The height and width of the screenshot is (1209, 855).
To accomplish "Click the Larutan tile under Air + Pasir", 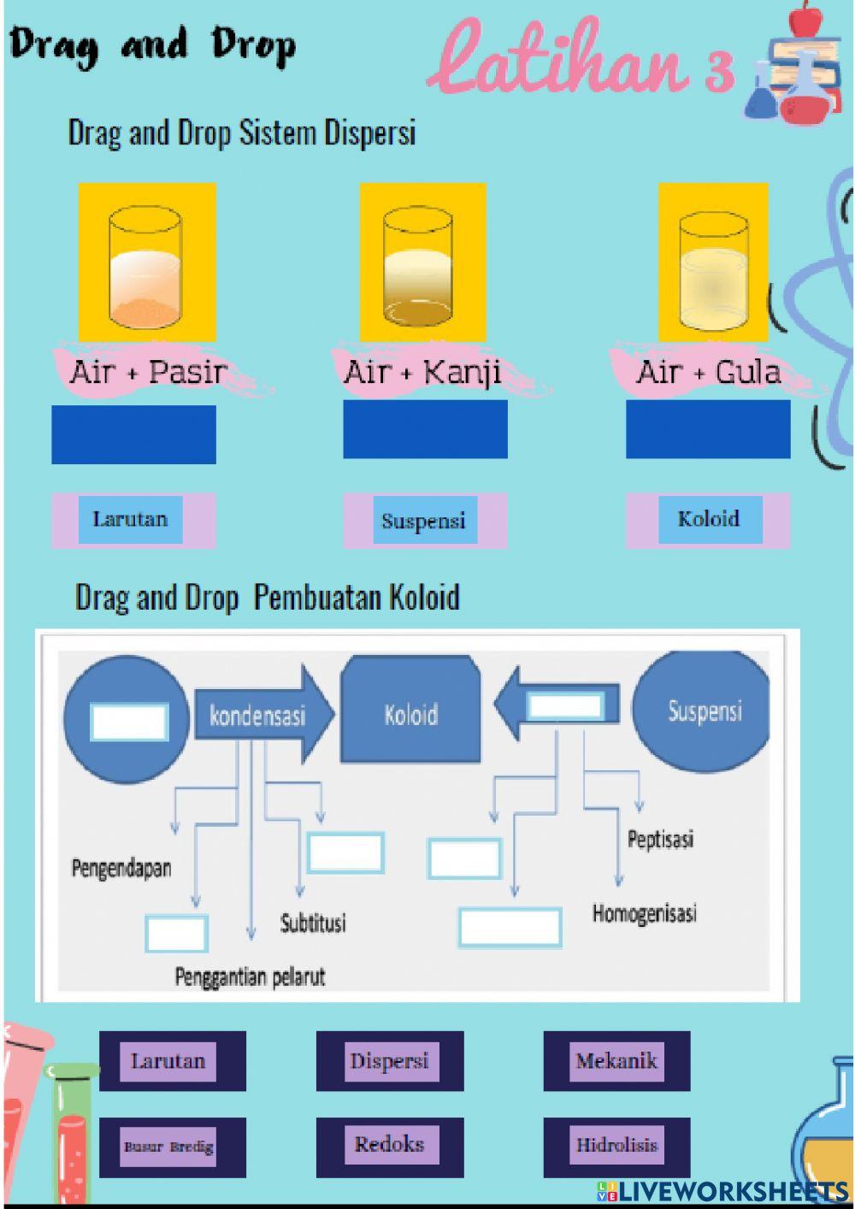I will coord(130,519).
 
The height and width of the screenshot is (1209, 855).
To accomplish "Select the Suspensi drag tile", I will coord(424,521).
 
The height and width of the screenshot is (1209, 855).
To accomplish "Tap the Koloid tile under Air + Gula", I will coord(709,519).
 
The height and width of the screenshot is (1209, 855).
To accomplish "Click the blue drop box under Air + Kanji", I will coord(425,429).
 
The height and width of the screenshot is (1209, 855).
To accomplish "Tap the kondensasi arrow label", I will coord(257,715).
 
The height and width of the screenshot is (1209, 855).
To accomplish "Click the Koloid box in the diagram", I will coord(410,714).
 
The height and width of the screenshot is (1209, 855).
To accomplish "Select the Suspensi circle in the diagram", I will coord(704,711).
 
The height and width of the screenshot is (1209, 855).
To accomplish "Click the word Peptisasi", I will coord(660,839).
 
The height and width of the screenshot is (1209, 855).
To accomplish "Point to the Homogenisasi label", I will coord(645,913).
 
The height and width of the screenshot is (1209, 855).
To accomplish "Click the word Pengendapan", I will coord(121,868).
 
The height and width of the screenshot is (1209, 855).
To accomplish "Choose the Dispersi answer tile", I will coord(389,1061).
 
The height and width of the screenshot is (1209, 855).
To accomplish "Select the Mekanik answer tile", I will coord(616,1061).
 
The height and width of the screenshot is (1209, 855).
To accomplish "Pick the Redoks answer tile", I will coord(389,1145).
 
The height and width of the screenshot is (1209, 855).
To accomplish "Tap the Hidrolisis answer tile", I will coord(616,1146).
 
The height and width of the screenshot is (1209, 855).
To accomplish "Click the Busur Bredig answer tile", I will coord(168,1147).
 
